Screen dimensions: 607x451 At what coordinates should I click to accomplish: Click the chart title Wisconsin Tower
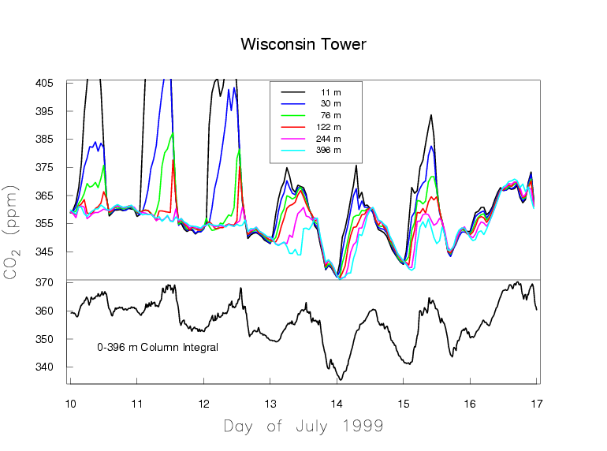(303, 44)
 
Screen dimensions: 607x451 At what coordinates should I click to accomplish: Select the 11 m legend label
(330, 92)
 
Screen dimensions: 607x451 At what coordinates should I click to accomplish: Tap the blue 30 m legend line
(293, 104)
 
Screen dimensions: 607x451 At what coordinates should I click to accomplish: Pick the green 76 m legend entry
(311, 115)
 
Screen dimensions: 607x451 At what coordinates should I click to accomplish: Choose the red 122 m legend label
(328, 127)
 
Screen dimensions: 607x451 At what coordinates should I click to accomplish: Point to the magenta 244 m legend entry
(311, 139)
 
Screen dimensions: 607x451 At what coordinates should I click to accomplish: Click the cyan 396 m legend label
(328, 150)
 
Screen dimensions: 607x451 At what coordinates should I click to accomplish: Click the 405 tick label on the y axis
(44, 83)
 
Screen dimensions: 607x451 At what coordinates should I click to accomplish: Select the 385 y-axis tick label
(44, 139)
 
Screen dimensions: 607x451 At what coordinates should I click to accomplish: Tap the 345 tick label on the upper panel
(44, 252)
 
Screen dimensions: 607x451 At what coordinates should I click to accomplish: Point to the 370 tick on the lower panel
(44, 282)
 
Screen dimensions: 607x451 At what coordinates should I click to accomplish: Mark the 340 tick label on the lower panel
(44, 367)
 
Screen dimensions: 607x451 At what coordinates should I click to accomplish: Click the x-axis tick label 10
(70, 404)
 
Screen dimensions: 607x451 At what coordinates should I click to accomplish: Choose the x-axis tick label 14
(337, 404)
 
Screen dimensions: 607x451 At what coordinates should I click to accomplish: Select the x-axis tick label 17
(536, 404)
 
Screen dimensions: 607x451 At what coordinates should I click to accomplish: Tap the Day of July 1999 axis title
(303, 427)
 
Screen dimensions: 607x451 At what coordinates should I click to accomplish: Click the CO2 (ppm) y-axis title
(11, 233)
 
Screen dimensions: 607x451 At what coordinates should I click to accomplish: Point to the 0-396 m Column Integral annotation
(158, 347)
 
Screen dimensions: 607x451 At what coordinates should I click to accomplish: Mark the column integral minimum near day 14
(341, 380)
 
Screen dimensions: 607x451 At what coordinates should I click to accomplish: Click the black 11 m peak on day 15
(431, 115)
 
